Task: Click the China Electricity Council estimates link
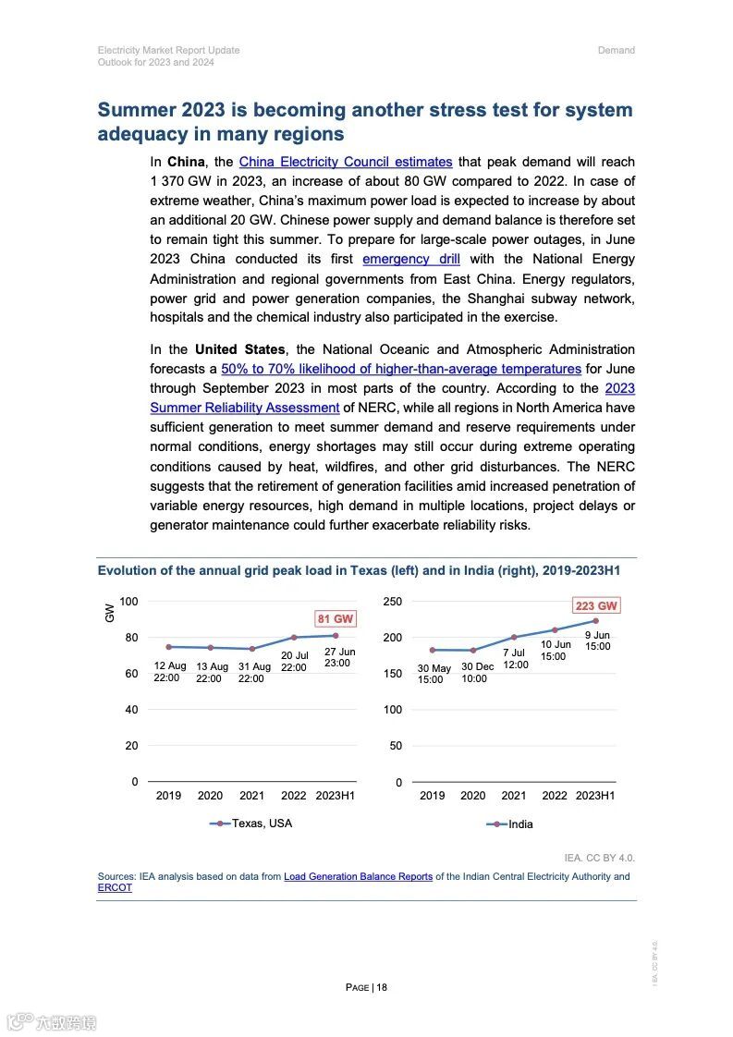(x=345, y=162)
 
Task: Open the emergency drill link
(x=410, y=259)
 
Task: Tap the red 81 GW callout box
(x=336, y=618)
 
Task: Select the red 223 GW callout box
(x=595, y=606)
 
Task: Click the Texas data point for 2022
(x=294, y=637)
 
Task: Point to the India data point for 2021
(x=514, y=638)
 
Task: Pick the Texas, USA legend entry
(x=251, y=823)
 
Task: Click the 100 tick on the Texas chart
(x=128, y=602)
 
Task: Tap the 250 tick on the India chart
(x=393, y=602)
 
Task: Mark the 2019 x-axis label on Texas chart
(x=168, y=796)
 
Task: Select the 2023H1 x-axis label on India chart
(x=595, y=796)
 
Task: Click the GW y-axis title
(x=110, y=612)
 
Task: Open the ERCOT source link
(x=115, y=888)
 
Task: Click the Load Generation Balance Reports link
(x=358, y=876)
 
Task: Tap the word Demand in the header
(x=616, y=50)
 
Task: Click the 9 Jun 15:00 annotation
(x=597, y=641)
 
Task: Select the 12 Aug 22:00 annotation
(x=170, y=672)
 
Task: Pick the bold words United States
(x=239, y=349)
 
